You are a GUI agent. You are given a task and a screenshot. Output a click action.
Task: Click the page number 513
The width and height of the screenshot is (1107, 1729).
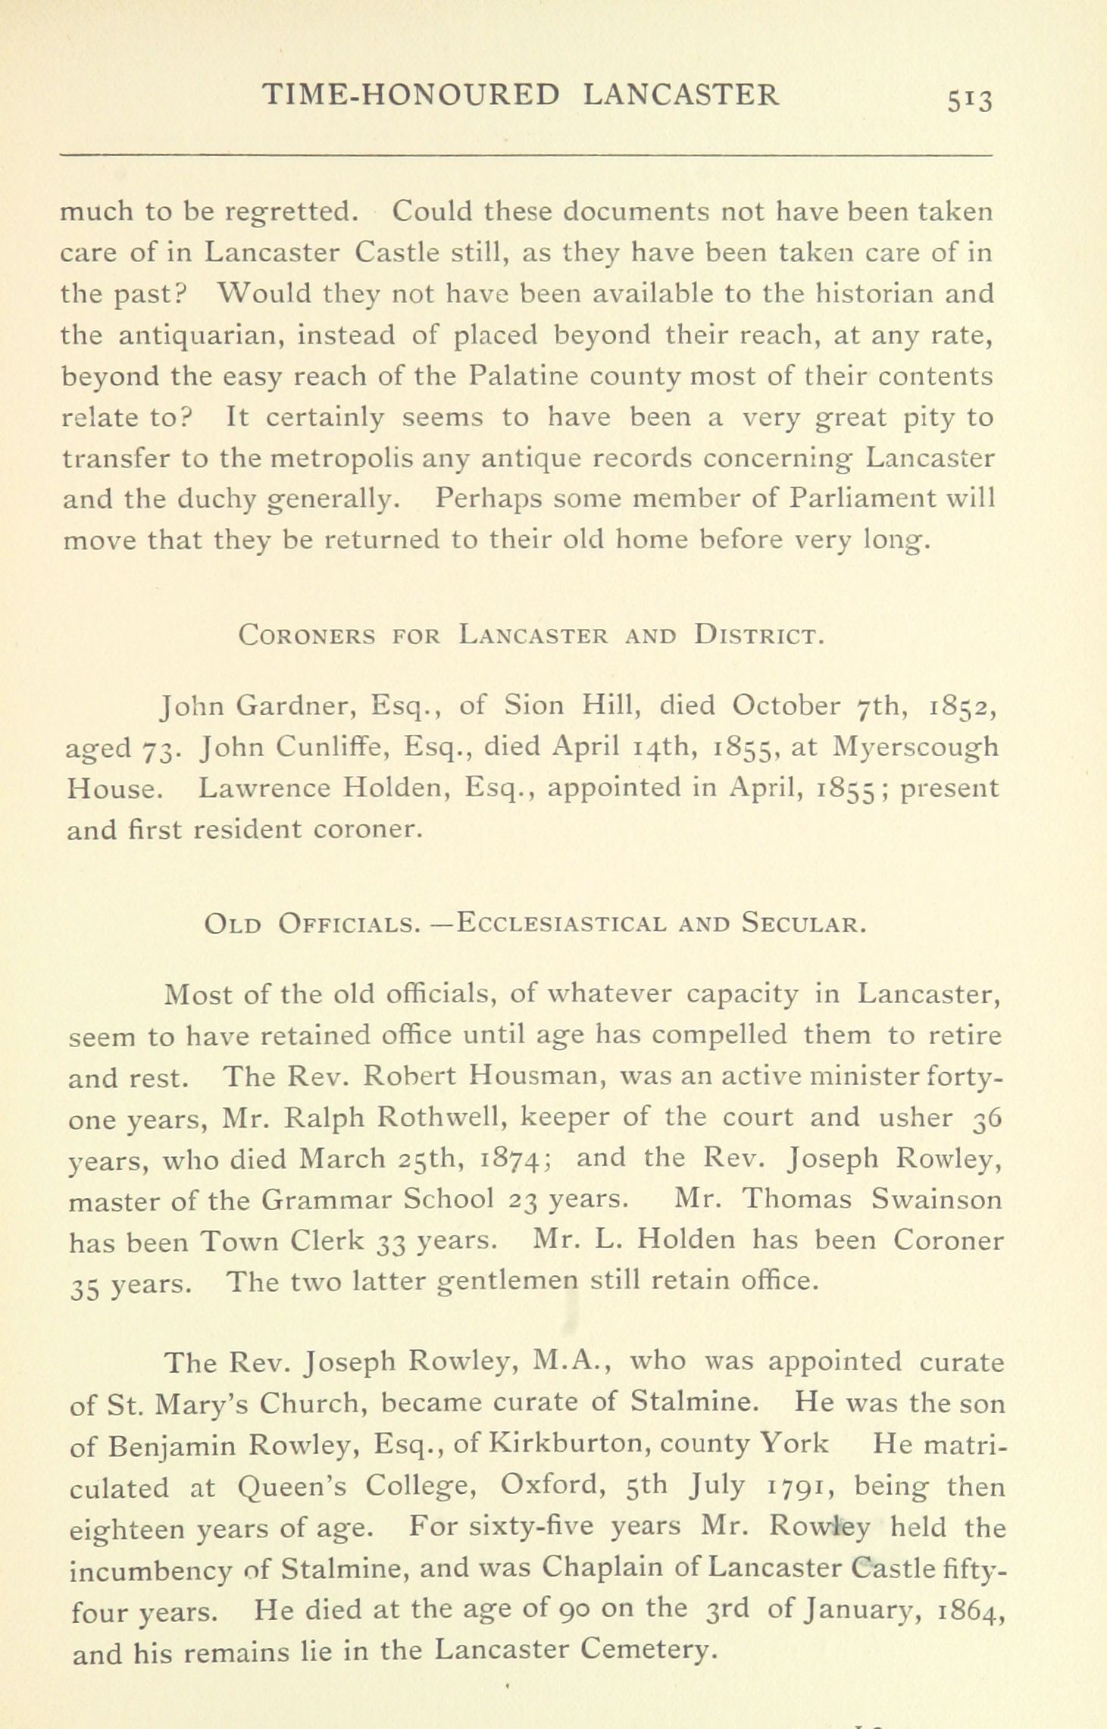(x=968, y=98)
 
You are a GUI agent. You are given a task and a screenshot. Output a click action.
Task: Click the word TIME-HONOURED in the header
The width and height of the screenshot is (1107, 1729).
(x=410, y=95)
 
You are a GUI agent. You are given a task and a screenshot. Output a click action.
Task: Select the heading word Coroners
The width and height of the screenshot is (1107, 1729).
(x=306, y=634)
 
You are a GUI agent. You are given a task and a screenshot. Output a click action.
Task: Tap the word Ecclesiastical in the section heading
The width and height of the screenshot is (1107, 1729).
(x=561, y=924)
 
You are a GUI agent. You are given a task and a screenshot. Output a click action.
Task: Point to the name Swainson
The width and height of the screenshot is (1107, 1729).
(x=936, y=1199)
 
